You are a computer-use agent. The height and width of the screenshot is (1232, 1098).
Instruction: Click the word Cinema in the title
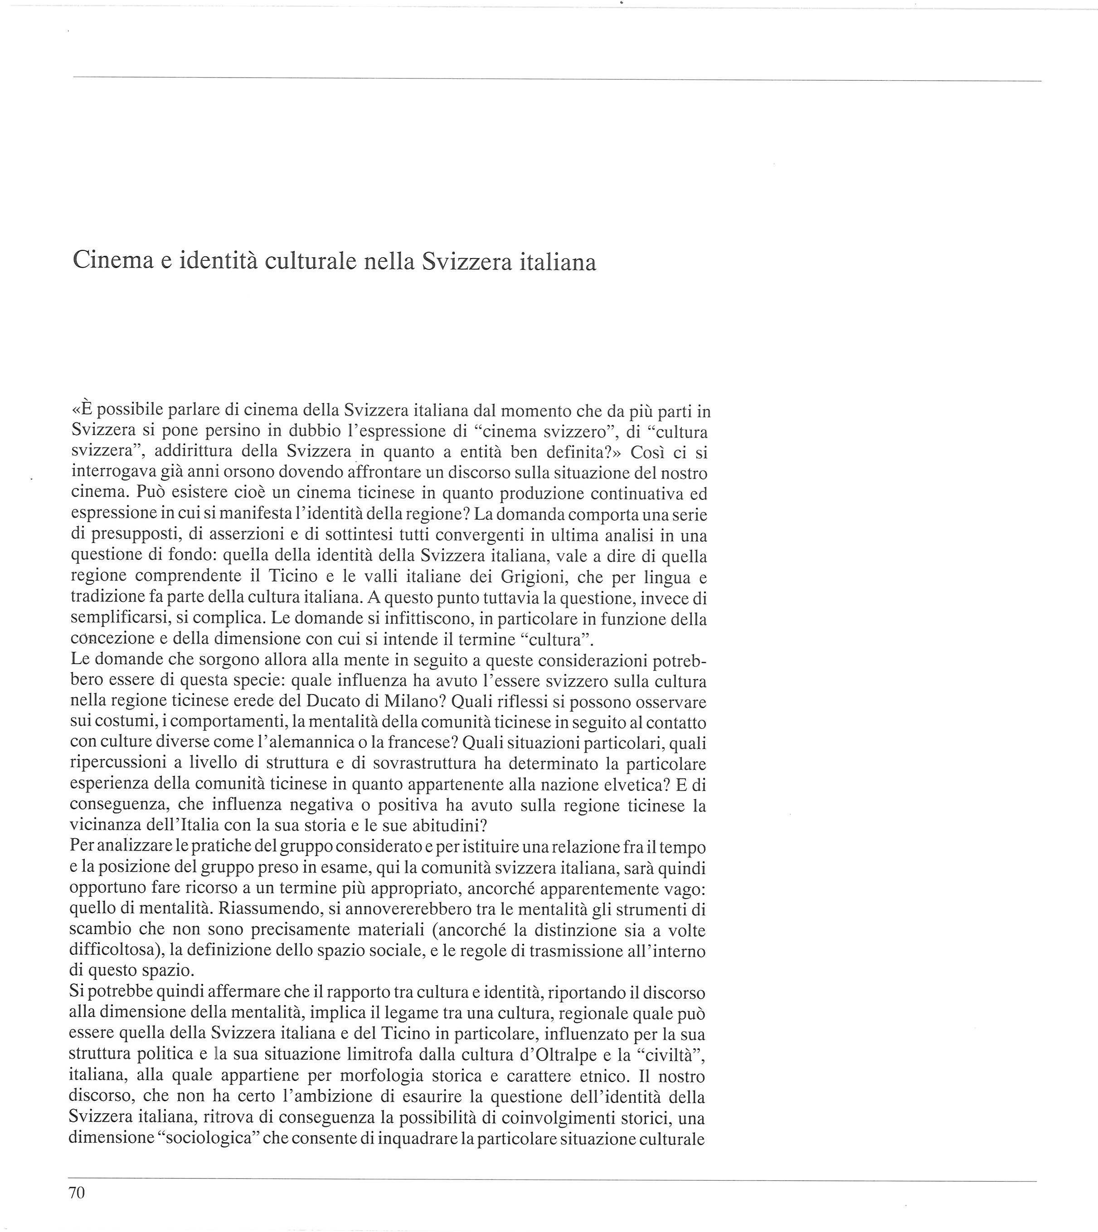click(111, 261)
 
